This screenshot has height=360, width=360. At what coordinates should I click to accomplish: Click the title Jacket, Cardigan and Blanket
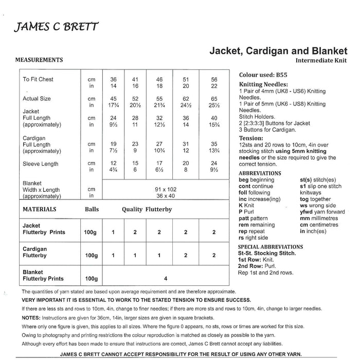(x=278, y=50)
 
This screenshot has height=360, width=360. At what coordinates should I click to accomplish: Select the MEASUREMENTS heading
(x=40, y=60)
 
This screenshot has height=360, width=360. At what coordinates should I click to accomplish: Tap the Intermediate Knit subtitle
(x=321, y=61)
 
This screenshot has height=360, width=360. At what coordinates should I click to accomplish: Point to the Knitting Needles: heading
(x=263, y=84)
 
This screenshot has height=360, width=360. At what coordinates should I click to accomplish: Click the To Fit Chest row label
(x=38, y=80)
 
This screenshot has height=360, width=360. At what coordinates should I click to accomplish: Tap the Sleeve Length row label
(x=40, y=164)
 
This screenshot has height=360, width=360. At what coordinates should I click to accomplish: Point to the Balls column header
(x=92, y=210)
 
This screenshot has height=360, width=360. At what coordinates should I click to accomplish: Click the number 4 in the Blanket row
(x=165, y=278)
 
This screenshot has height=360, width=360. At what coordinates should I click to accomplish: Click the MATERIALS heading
(x=40, y=210)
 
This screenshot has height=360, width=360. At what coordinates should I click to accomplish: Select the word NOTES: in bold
(x=33, y=318)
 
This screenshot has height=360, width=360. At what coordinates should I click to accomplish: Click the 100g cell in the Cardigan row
(x=91, y=256)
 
